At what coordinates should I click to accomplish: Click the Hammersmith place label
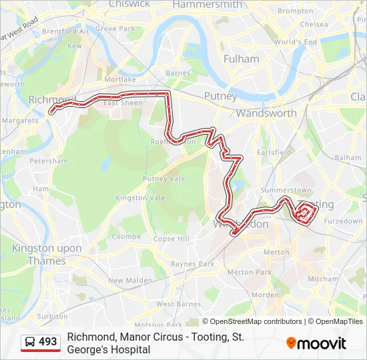207,5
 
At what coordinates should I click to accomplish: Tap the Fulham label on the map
242,59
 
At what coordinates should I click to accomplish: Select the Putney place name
220,96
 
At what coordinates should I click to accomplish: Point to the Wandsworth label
266,113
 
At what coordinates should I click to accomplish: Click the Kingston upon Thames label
47,255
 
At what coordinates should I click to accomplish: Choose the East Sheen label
122,103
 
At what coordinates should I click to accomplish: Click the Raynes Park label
192,264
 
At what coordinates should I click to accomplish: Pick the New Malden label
129,281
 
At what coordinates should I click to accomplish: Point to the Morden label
265,295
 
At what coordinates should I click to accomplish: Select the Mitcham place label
322,279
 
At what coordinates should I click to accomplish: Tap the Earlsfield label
274,152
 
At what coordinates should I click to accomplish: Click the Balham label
348,157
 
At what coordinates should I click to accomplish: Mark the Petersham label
49,161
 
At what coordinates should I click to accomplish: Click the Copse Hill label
171,239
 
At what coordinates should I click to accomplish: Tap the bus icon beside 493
30,342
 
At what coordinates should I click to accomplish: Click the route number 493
48,342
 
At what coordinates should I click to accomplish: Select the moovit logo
316,343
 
